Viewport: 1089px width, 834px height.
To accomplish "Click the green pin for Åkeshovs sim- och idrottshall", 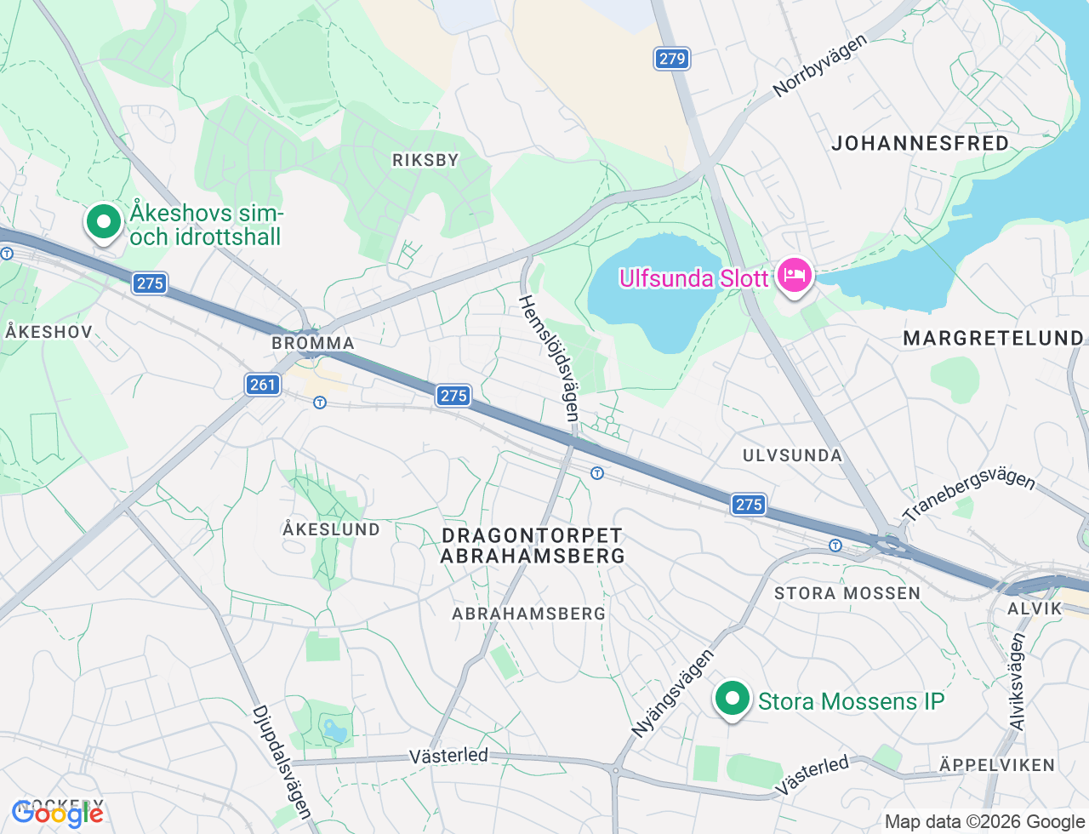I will coord(104,223).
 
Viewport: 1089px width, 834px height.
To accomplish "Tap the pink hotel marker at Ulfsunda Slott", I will coord(794,276).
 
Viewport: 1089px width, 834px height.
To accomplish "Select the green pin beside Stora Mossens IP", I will coord(732,700).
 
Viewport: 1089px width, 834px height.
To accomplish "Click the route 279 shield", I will coord(672,59).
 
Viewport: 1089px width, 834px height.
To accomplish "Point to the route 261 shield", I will coord(263,385).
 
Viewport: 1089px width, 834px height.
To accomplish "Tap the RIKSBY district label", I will coord(425,160).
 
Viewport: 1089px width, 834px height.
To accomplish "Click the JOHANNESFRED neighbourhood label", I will coord(920,143).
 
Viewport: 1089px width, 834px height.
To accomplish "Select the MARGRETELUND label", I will coord(993,339).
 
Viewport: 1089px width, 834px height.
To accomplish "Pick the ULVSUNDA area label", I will coord(792,455).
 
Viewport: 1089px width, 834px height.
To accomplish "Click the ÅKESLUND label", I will coord(332,529).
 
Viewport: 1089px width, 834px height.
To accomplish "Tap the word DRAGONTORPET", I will coord(533,535).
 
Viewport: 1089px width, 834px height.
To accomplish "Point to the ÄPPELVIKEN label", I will coord(997,765).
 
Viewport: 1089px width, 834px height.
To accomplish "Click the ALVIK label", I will coord(1035,608).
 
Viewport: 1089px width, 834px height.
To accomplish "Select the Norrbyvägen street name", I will coord(819,66).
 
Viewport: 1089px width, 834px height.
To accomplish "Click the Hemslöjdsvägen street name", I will coord(550,357).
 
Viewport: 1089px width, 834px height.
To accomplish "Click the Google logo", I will coord(58,814).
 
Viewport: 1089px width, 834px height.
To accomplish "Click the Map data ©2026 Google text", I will coord(984,821).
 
